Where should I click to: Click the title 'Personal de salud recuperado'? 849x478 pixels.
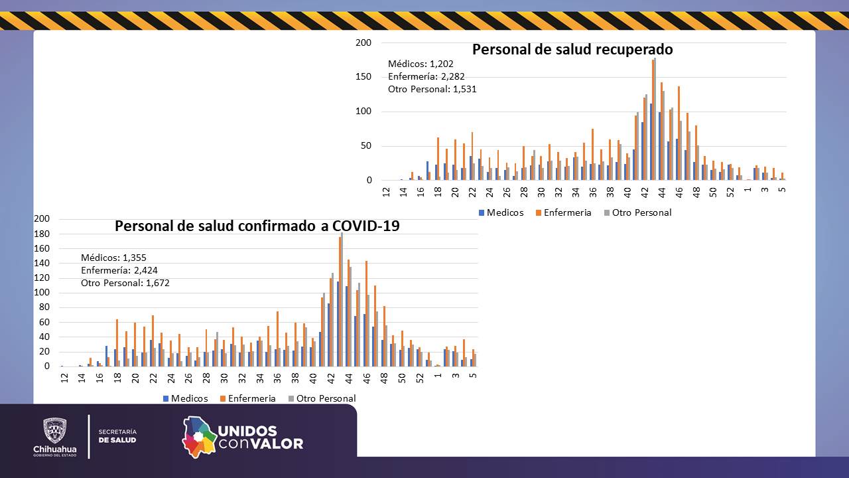(x=572, y=50)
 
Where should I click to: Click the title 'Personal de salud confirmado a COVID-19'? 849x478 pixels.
(x=257, y=226)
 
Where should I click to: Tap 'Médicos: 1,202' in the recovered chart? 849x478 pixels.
(x=420, y=64)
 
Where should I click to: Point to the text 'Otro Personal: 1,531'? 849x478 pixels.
(x=432, y=89)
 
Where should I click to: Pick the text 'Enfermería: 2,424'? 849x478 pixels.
(x=119, y=270)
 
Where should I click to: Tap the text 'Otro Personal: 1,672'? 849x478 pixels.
(x=125, y=283)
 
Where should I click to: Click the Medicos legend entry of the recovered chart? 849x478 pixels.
(x=500, y=212)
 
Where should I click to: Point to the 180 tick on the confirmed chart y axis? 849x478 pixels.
(x=42, y=234)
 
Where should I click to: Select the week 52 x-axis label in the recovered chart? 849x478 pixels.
(x=730, y=192)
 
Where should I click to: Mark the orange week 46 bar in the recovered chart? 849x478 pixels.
(x=679, y=133)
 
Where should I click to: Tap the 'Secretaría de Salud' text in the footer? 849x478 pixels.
(x=117, y=436)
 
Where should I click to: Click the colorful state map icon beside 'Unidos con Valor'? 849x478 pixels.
(x=199, y=437)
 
